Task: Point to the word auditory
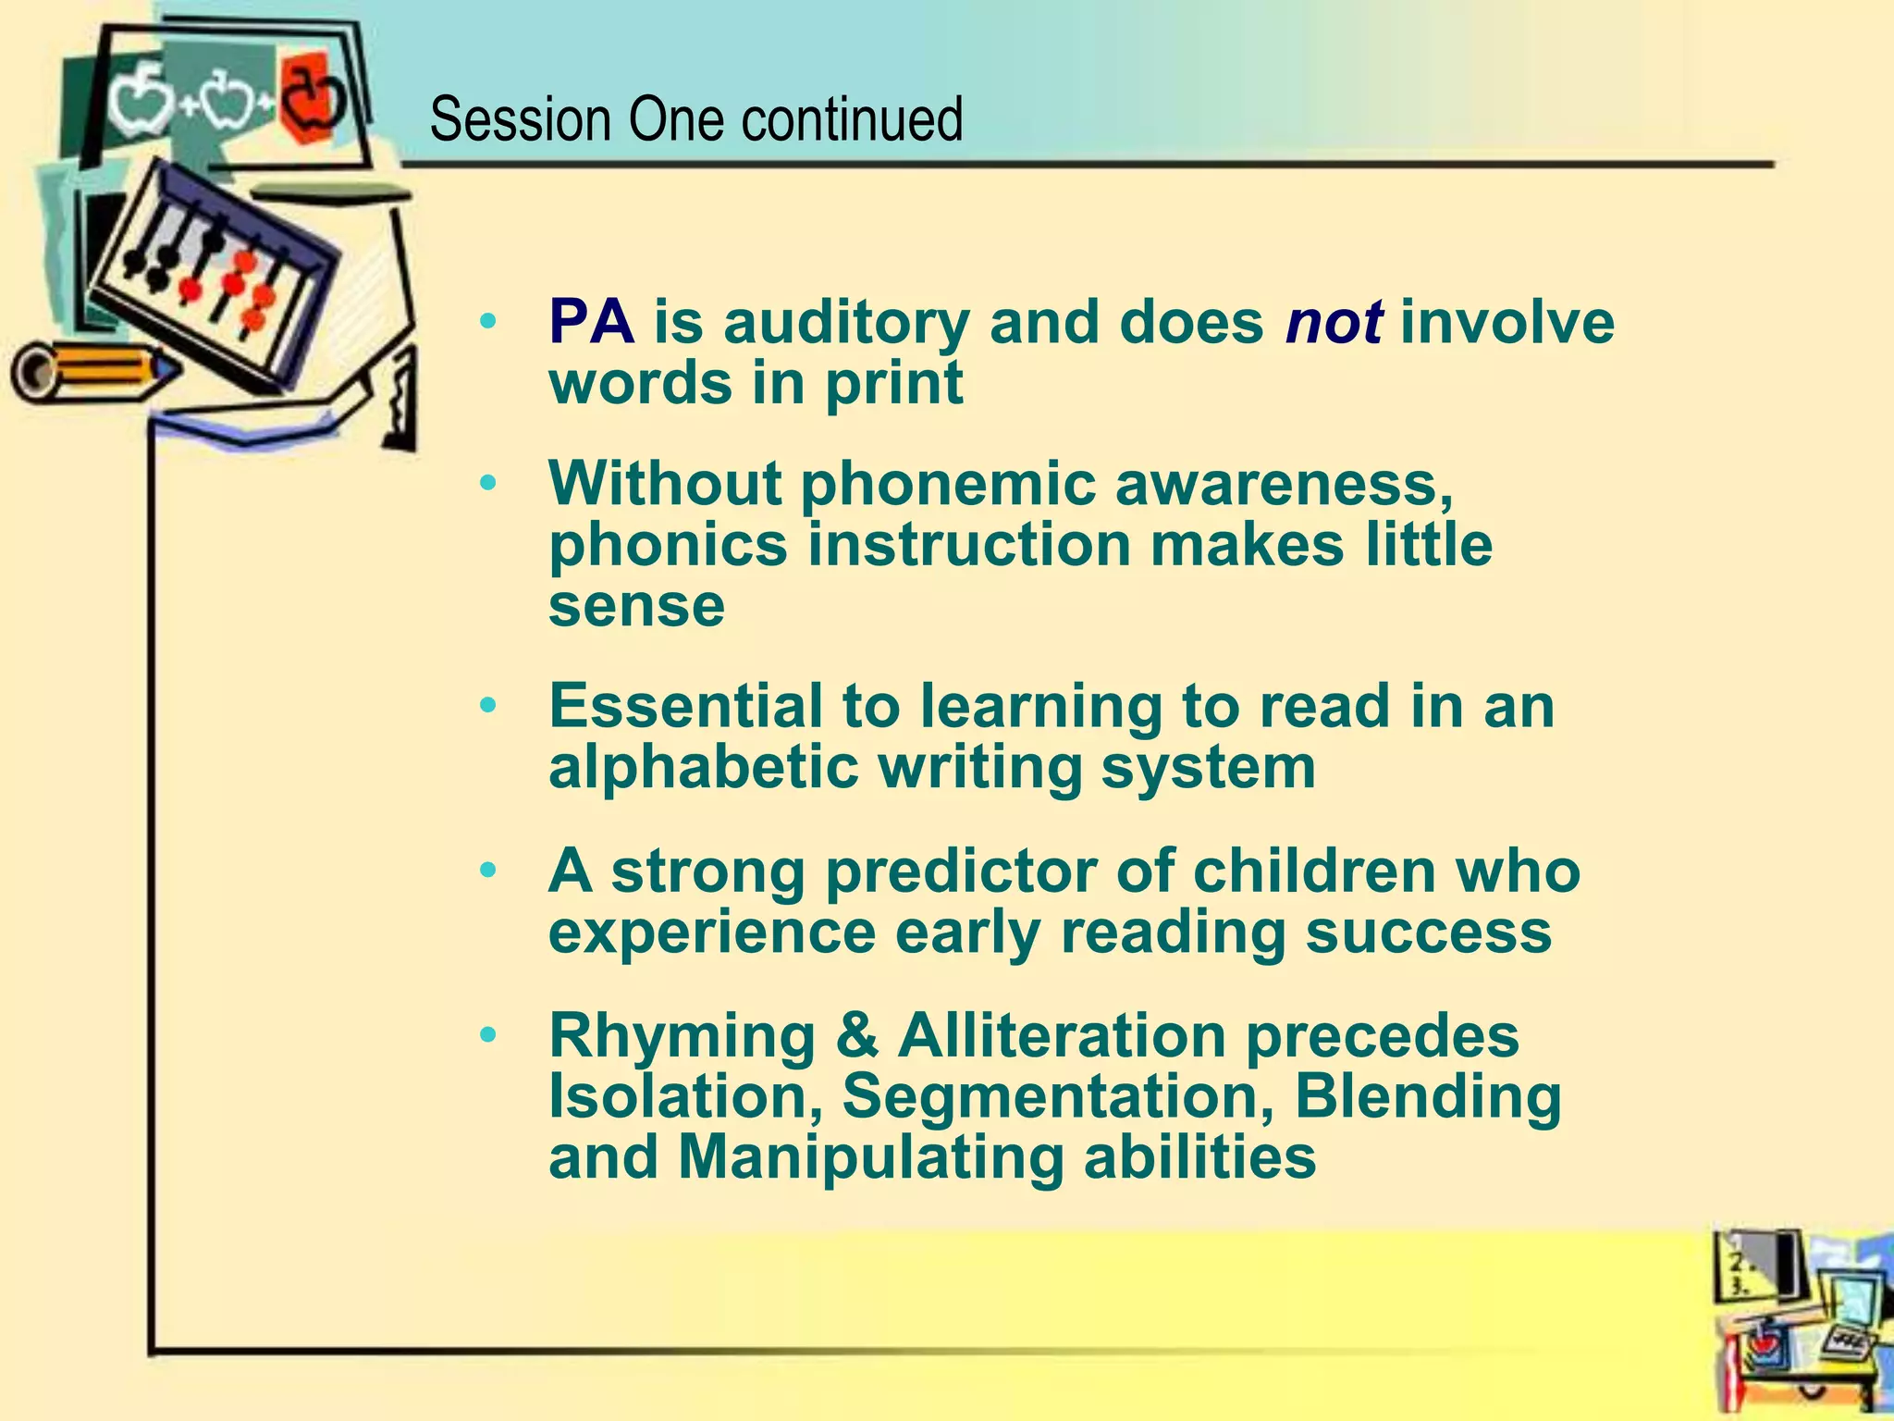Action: (846, 324)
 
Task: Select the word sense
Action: (636, 606)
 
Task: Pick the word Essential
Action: (685, 706)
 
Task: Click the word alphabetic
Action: (703, 768)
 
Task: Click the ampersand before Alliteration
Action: (856, 1035)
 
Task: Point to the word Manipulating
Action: (870, 1157)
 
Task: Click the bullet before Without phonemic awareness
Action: (488, 483)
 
